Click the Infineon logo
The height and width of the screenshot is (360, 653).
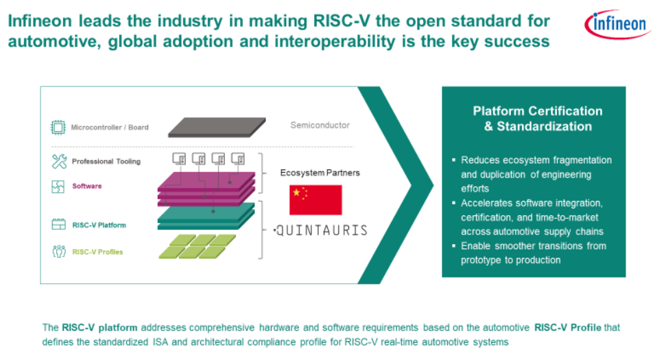tap(617, 24)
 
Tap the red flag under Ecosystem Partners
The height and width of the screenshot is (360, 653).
tap(316, 200)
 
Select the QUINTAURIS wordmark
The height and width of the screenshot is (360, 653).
tap(321, 230)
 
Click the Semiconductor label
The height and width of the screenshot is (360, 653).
tap(320, 125)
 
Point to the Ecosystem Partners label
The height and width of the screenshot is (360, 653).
tap(320, 173)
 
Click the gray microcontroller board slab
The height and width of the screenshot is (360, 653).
tap(217, 128)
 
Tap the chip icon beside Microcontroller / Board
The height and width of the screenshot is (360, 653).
tap(58, 128)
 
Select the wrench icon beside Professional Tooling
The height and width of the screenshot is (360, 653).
tap(59, 161)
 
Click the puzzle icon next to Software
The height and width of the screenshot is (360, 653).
tap(58, 187)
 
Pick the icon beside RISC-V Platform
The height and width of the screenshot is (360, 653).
tap(58, 225)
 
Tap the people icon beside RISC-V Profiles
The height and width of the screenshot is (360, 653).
tap(59, 252)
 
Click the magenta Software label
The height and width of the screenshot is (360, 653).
tap(87, 186)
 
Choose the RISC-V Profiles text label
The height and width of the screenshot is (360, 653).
tap(97, 252)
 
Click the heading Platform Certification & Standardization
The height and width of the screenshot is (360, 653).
tap(538, 119)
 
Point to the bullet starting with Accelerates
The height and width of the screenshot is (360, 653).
tap(532, 217)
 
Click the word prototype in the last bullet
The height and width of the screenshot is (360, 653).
tap(481, 260)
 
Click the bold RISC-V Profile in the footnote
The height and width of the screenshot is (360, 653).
tap(568, 328)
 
